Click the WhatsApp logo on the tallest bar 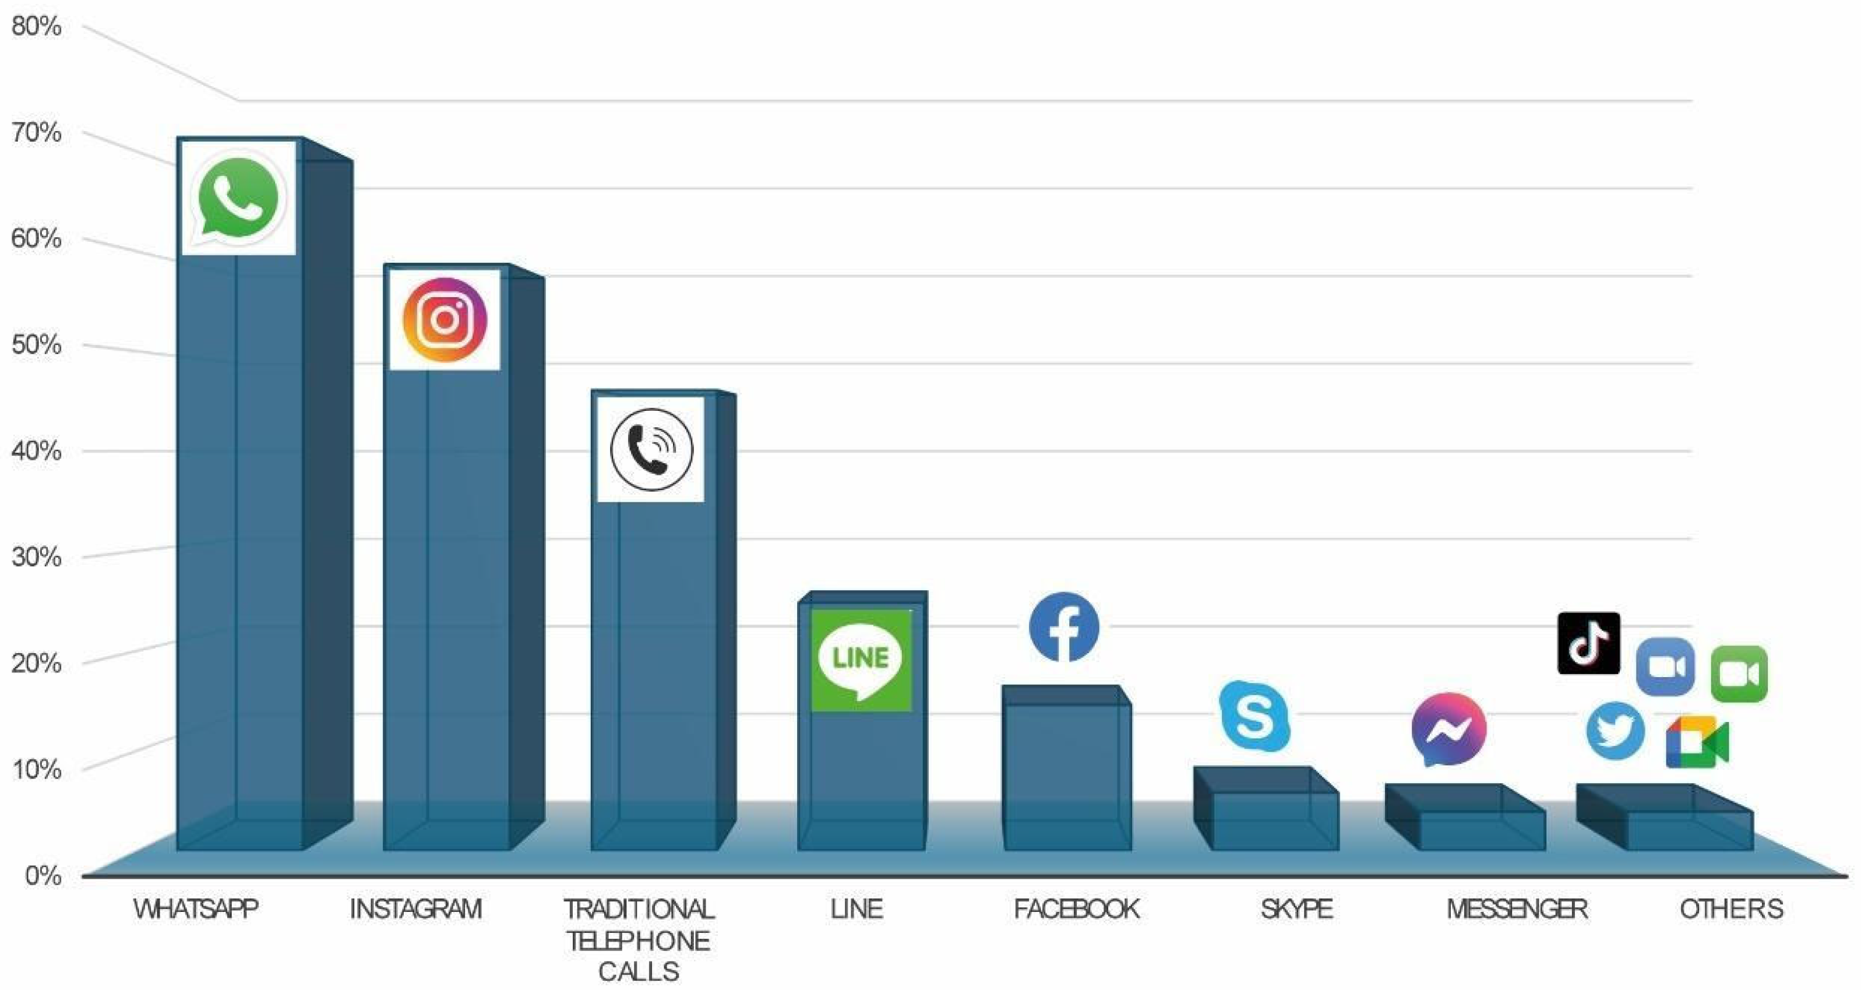[238, 198]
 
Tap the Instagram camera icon [445, 320]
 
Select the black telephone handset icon [651, 449]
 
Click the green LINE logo [861, 659]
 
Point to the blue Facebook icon [1064, 627]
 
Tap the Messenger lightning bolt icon [1448, 729]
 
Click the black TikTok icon [1588, 643]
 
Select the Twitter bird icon [1615, 730]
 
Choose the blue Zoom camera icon [1665, 666]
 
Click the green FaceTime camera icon [1739, 674]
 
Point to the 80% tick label [36, 27]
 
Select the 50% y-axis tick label [36, 345]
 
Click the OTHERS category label [1731, 909]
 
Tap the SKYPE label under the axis [1297, 909]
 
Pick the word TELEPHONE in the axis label [638, 941]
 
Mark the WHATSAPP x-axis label [196, 909]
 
